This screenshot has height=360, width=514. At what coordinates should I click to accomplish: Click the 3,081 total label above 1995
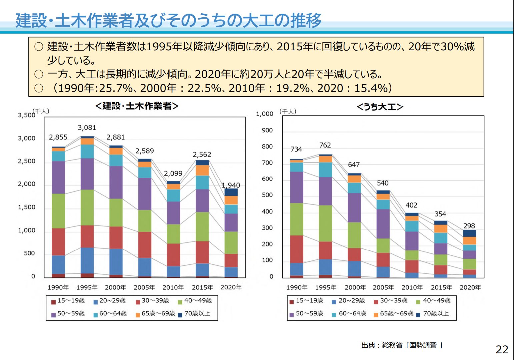[x=87, y=128]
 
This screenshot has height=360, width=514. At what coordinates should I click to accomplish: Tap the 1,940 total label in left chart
[x=231, y=185]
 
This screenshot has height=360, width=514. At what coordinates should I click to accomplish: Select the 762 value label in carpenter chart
[x=325, y=145]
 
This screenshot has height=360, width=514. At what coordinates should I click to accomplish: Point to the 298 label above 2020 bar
[x=469, y=226]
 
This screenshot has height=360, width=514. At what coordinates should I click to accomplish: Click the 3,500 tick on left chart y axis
[x=26, y=115]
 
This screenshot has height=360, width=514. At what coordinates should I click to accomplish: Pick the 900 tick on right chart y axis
[x=267, y=130]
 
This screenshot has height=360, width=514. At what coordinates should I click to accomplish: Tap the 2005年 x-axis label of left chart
[x=144, y=287]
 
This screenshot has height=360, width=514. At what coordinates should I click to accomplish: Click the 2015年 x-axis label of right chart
[x=441, y=287]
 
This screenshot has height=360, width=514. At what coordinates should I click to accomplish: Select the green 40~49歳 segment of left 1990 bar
[x=58, y=211]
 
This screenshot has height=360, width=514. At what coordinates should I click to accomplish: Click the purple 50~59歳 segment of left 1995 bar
[x=87, y=174]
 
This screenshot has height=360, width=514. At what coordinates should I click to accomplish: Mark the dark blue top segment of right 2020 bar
[x=469, y=233]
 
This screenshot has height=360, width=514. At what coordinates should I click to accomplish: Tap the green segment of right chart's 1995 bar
[x=325, y=223]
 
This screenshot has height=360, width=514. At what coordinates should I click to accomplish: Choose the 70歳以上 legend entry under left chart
[x=194, y=313]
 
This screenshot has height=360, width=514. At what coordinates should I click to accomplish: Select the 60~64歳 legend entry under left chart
[x=110, y=313]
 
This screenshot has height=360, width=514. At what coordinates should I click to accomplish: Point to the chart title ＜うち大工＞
[x=380, y=107]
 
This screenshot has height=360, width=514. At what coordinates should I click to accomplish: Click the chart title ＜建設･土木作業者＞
[x=137, y=106]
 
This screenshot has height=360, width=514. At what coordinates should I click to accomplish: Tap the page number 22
[x=502, y=349]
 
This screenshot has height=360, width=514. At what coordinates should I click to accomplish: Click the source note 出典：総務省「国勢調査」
[x=402, y=345]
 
